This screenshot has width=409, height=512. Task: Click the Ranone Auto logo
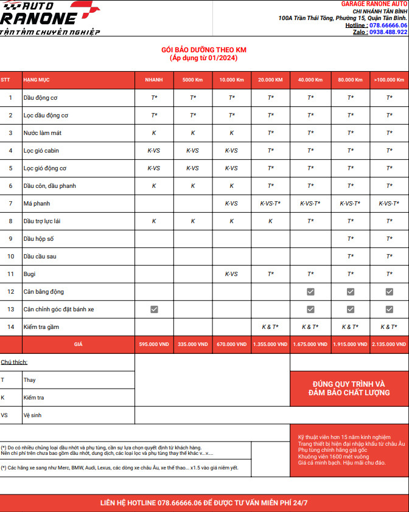49,18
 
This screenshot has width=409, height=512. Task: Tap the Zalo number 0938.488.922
388,32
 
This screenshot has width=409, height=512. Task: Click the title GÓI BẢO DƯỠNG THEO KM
204,50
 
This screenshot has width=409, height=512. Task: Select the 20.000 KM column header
270,80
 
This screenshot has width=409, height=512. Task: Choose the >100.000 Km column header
389,80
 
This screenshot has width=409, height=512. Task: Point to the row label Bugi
29,274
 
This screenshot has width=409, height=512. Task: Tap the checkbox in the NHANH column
154,309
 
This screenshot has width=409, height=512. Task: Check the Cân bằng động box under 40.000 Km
310,291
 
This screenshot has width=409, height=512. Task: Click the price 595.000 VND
154,344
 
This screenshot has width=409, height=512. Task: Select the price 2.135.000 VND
389,344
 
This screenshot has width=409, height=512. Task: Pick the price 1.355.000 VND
270,344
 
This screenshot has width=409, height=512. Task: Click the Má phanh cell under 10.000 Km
231,203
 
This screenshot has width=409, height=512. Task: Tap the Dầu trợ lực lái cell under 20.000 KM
270,221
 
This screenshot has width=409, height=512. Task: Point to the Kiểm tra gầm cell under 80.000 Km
350,327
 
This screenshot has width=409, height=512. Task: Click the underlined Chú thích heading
14,362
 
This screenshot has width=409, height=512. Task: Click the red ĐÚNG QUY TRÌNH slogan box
349,388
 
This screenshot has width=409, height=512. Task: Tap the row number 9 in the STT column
10,238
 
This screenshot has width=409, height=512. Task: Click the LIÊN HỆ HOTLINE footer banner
204,503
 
